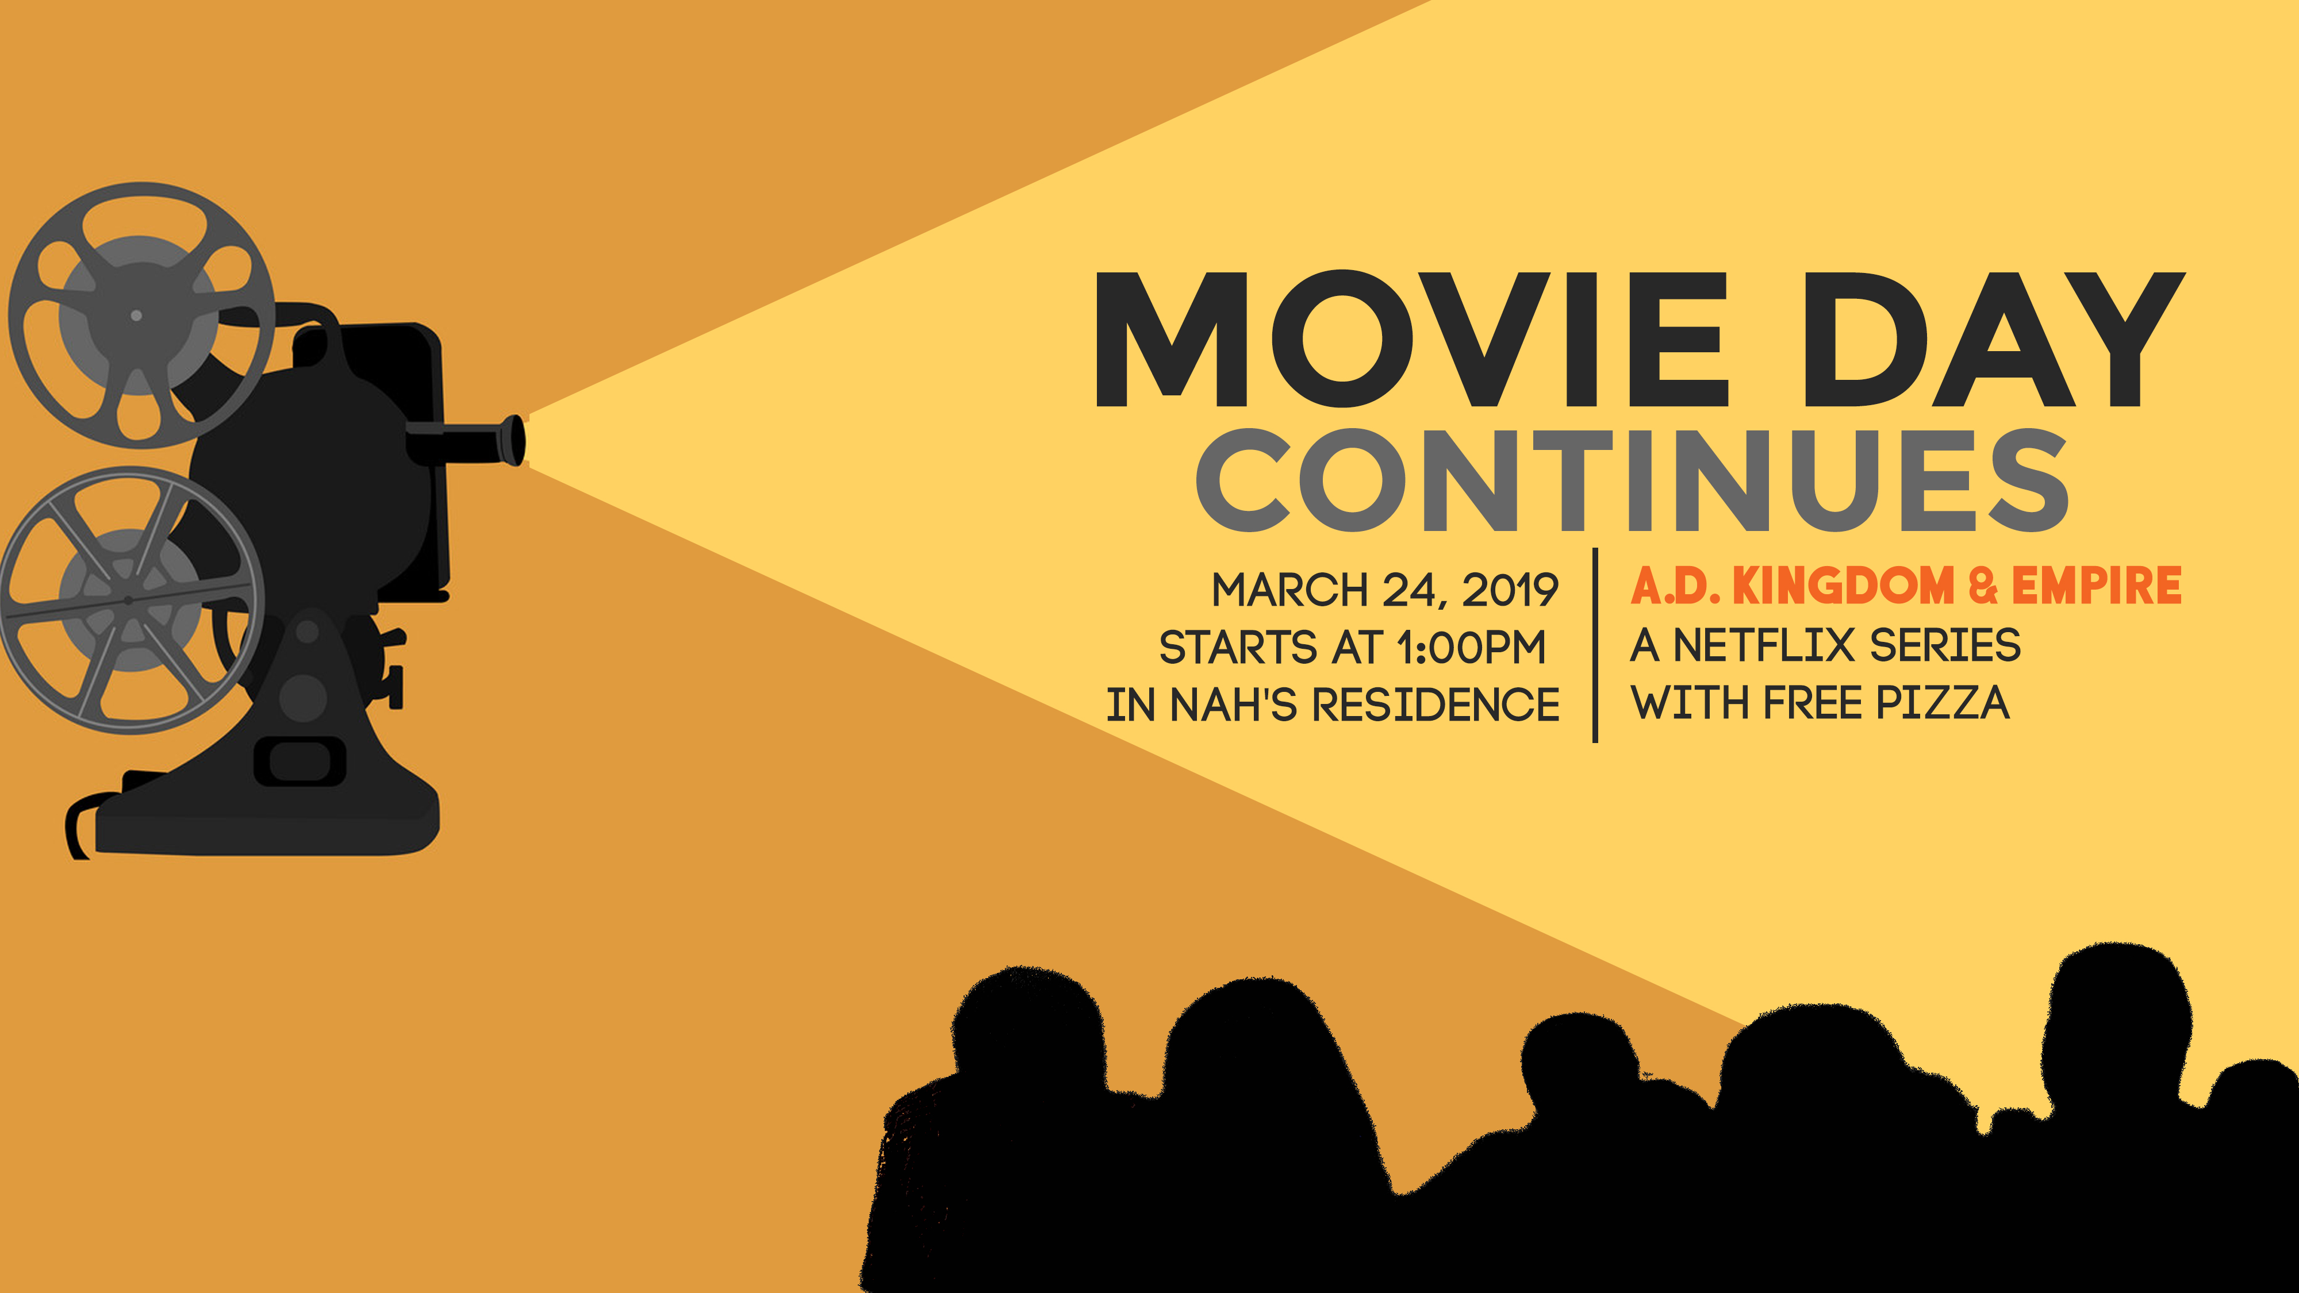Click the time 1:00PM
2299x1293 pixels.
pos(1470,648)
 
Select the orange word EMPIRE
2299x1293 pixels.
pos(2097,586)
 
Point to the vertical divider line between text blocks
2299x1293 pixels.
pos(1595,644)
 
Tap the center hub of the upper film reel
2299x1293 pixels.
pos(137,315)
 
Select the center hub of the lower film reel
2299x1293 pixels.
pos(129,599)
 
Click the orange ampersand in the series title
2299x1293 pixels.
pos(1982,586)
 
